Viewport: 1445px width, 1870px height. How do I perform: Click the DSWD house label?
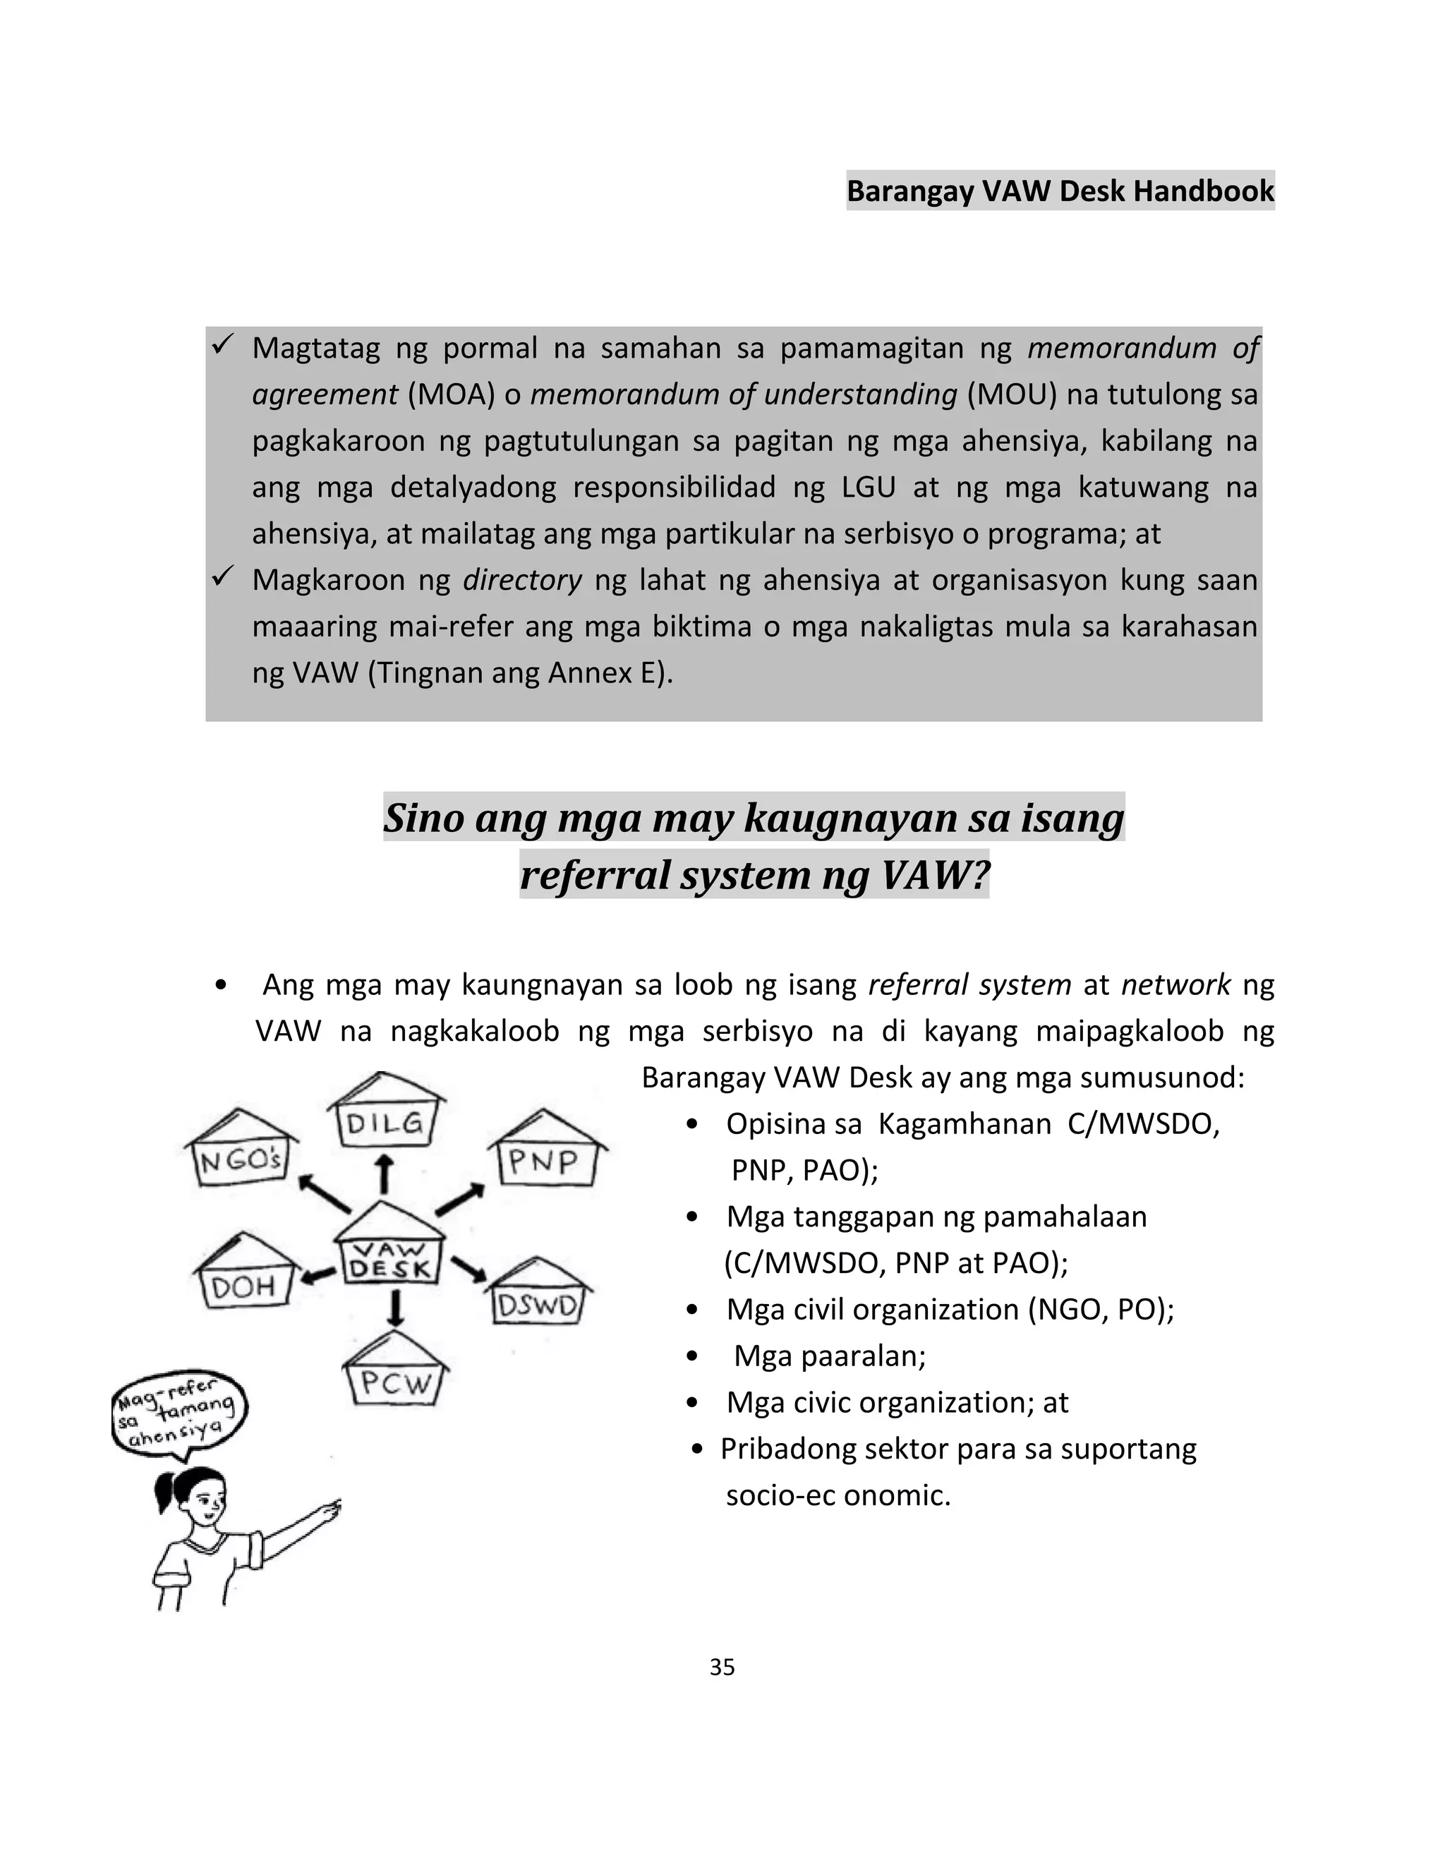[x=538, y=1303]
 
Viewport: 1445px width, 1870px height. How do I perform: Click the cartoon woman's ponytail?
[x=166, y=1494]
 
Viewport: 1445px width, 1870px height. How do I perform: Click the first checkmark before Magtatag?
[x=222, y=346]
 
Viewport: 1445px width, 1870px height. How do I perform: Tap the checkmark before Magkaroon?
[x=222, y=579]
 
